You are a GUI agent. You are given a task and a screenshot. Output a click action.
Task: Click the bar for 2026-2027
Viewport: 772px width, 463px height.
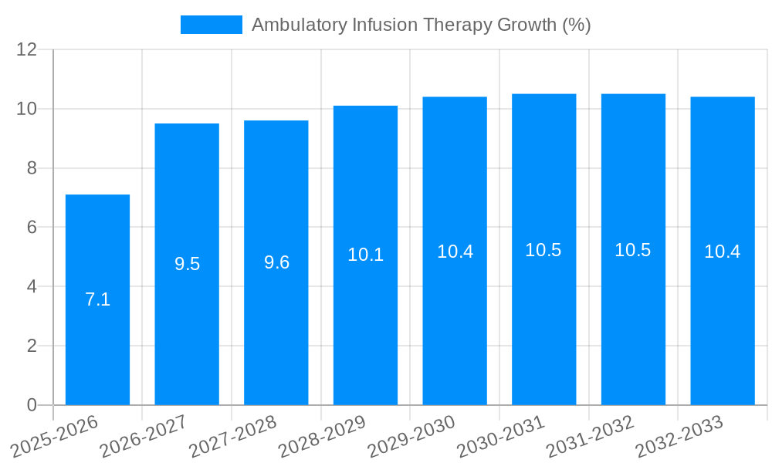(x=187, y=264)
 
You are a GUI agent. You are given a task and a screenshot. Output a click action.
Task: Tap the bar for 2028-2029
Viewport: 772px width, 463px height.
(x=365, y=255)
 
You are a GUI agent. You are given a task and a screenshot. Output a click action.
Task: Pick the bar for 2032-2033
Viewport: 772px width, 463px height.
(x=723, y=251)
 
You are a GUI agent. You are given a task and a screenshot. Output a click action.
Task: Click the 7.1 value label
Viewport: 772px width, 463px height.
(x=97, y=299)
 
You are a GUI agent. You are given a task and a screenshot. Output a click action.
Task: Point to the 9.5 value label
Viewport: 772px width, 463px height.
(x=187, y=264)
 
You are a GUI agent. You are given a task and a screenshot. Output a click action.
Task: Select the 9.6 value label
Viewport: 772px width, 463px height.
(x=276, y=262)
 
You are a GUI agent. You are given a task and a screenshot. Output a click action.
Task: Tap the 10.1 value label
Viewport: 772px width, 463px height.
(x=365, y=255)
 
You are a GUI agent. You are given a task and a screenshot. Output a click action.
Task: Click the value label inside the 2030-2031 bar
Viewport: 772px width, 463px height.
(x=543, y=250)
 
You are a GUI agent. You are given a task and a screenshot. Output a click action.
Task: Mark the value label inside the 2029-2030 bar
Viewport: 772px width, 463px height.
(x=455, y=251)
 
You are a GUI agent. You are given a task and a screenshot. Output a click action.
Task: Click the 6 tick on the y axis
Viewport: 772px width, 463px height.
(x=32, y=227)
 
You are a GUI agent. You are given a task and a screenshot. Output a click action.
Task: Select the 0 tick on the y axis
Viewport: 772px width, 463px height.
(x=32, y=405)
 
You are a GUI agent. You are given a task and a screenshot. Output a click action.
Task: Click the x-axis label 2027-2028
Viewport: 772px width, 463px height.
(x=232, y=436)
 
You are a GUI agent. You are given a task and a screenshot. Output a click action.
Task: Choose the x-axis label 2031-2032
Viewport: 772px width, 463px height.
(x=590, y=436)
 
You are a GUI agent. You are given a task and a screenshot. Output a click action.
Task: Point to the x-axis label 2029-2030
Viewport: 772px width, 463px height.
(x=411, y=436)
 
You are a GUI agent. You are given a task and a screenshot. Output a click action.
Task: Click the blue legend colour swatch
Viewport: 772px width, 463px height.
(x=211, y=25)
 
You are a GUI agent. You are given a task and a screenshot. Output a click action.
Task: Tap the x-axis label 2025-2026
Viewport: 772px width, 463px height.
(x=54, y=436)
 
